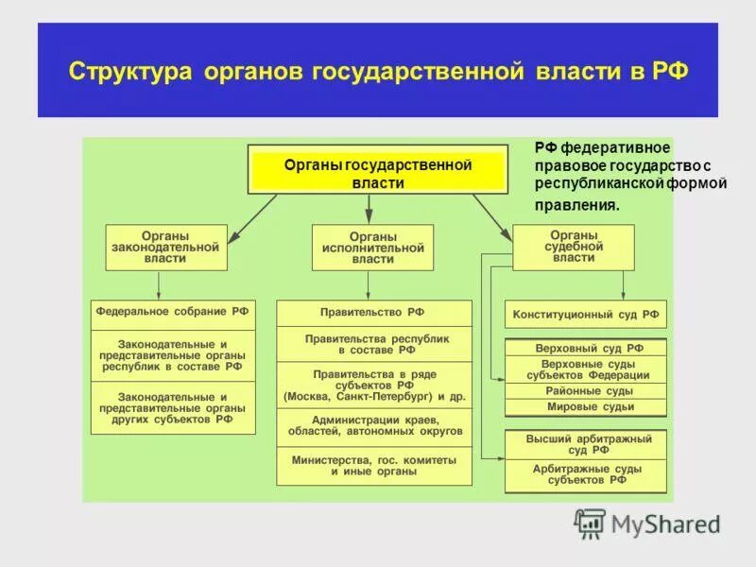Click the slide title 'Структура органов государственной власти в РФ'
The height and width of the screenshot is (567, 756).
[x=378, y=73]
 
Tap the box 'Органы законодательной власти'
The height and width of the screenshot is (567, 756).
[x=166, y=247]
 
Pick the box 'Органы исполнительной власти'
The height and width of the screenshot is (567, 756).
[x=372, y=247]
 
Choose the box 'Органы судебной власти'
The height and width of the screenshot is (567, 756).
[x=574, y=246]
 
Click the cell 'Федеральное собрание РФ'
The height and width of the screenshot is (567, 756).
[x=173, y=311]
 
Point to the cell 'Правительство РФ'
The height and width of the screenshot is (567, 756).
[x=372, y=311]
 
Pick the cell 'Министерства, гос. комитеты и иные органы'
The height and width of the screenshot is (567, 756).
[x=374, y=465]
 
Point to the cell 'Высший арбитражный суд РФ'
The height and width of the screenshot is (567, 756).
[x=586, y=444]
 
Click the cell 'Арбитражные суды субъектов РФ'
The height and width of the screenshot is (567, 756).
[x=586, y=474]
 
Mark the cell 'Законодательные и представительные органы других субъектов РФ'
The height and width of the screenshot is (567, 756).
[x=173, y=407]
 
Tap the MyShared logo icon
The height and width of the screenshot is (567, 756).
[x=590, y=522]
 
